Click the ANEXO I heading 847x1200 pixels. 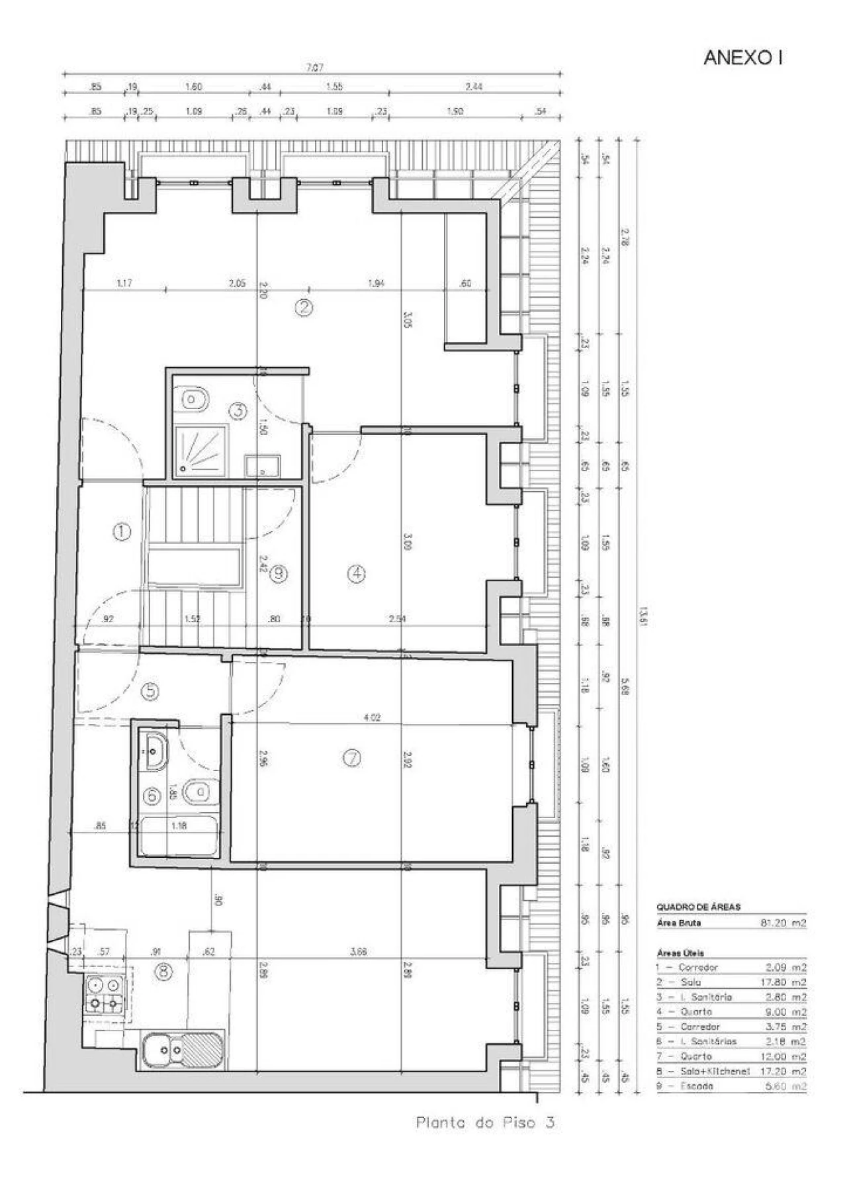[x=742, y=58]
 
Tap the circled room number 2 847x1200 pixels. [x=303, y=307]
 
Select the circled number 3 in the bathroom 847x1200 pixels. [x=238, y=410]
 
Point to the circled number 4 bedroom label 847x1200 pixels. [x=357, y=574]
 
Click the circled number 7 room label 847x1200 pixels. [x=352, y=759]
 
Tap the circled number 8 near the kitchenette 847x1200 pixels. [x=163, y=972]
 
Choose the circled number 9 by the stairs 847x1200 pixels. [x=278, y=574]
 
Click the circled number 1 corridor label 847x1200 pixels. [x=122, y=531]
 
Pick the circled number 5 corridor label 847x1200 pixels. [x=151, y=692]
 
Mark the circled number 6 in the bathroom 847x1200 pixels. [x=152, y=796]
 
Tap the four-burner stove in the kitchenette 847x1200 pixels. [x=105, y=995]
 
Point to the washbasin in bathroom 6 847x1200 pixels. [x=155, y=751]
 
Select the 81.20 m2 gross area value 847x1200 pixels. [x=783, y=923]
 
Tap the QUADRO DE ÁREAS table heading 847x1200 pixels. [x=698, y=907]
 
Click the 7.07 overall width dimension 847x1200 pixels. [x=314, y=68]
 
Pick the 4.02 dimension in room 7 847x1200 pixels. [x=372, y=717]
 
